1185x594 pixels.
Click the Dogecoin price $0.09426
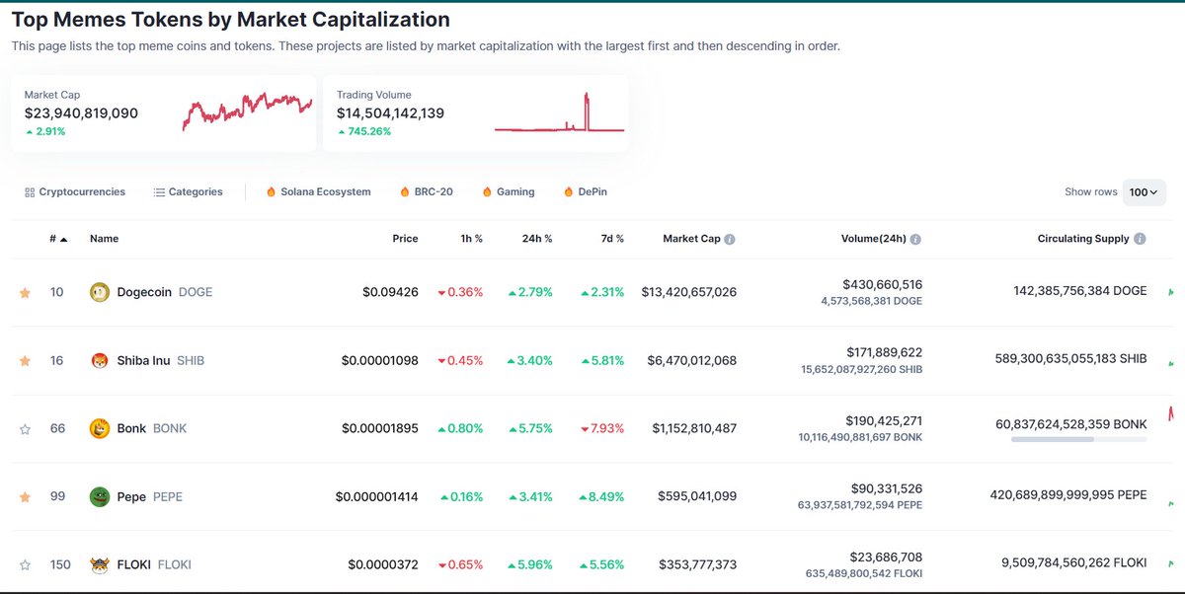[390, 292]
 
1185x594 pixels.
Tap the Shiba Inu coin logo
[99, 360]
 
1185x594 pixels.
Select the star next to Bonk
[25, 429]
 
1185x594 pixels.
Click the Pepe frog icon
[99, 496]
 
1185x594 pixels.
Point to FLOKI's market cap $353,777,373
[697, 564]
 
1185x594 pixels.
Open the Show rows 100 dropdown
[1144, 192]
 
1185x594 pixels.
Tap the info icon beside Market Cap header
[730, 239]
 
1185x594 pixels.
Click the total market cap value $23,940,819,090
[81, 113]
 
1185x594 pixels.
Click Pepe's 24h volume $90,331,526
[886, 488]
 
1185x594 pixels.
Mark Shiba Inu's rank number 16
[57, 360]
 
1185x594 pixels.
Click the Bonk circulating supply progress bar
[1078, 438]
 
